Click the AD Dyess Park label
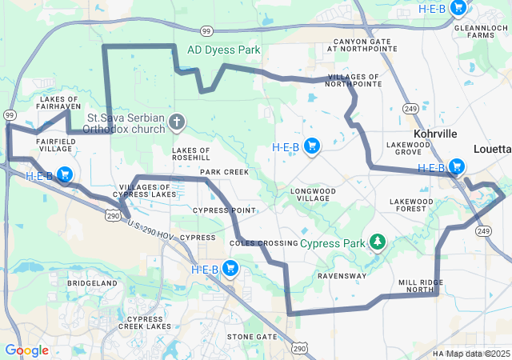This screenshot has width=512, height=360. click(x=223, y=50)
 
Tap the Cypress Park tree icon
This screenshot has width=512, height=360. click(x=377, y=242)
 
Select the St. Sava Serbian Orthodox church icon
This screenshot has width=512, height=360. click(x=176, y=122)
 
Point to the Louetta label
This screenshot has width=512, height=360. click(x=491, y=149)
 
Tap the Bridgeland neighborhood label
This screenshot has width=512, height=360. click(x=92, y=283)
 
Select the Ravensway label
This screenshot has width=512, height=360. click(x=342, y=275)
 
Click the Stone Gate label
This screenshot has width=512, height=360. click(x=251, y=337)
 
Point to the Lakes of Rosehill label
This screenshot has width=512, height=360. click(x=191, y=154)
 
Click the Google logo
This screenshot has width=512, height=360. click(x=26, y=350)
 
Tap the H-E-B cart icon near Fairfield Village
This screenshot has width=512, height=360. click(x=64, y=175)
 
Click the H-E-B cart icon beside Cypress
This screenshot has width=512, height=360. click(x=230, y=269)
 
